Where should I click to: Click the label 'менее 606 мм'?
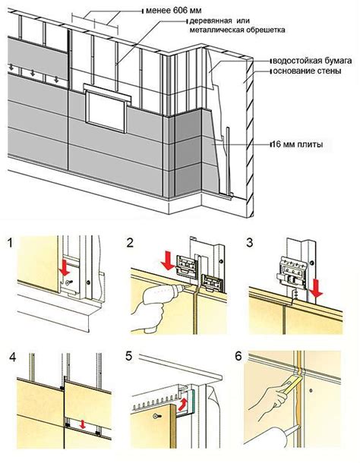pyautogui.click(x=174, y=11)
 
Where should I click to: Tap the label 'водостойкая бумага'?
pyautogui.click(x=312, y=61)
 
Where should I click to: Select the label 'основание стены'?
pyautogui.click(x=307, y=71)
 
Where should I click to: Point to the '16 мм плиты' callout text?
pyautogui.click(x=297, y=144)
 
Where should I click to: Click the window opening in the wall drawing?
pyautogui.click(x=106, y=112)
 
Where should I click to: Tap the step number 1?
pyautogui.click(x=11, y=244)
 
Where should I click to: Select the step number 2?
pyautogui.click(x=130, y=243)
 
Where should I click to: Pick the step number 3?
pyautogui.click(x=250, y=243)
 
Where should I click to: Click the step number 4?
pyautogui.click(x=13, y=357)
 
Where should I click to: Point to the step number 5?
pyautogui.click(x=129, y=356)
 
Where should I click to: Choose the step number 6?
pyautogui.click(x=238, y=356)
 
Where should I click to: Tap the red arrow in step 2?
pyautogui.click(x=169, y=260)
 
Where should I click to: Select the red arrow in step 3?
pyautogui.click(x=317, y=288)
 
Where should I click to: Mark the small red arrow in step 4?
pyautogui.click(x=83, y=424)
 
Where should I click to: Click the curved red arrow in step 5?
pyautogui.click(x=183, y=404)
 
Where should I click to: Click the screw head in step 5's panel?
pyautogui.click(x=156, y=416)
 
